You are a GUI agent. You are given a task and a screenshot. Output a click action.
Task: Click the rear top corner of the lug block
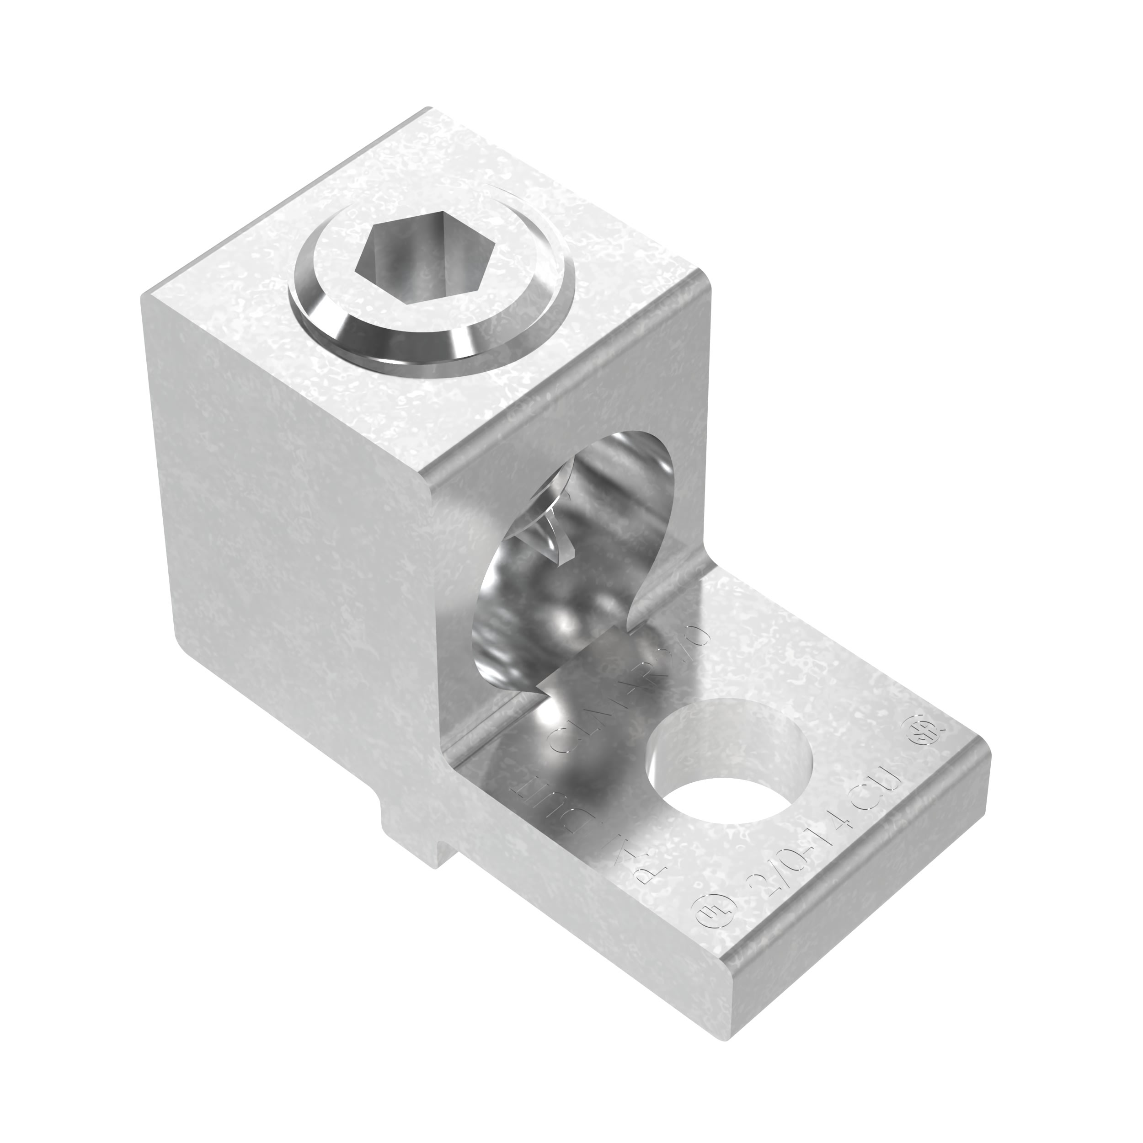tap(425, 109)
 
